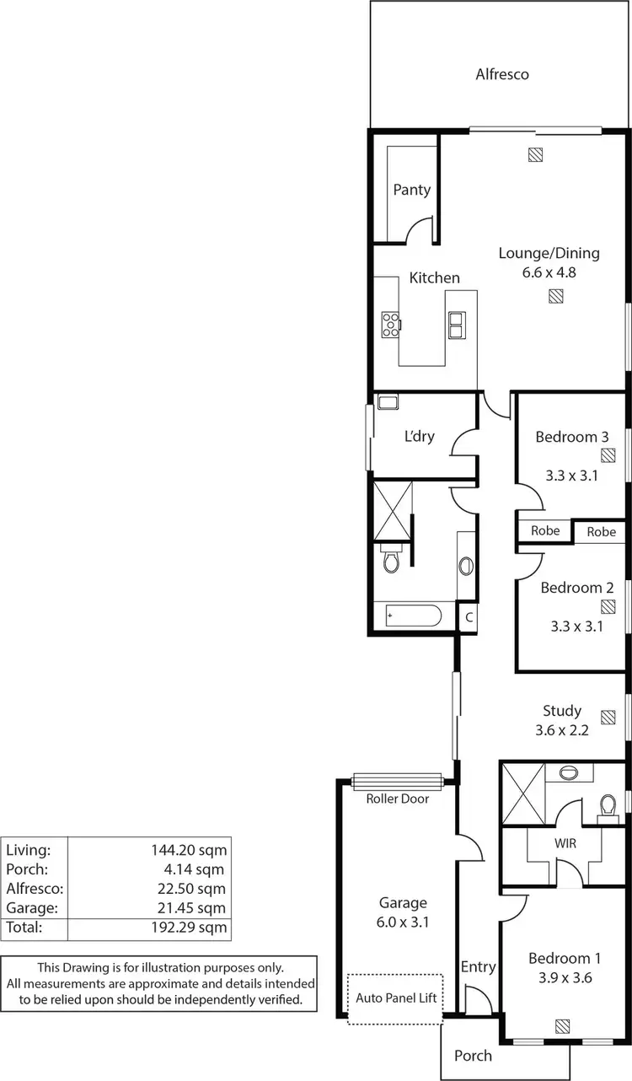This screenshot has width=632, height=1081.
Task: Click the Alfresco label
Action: coord(502,74)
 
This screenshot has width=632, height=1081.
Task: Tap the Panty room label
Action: coord(411,190)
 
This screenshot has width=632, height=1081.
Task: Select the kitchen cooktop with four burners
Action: coord(392,324)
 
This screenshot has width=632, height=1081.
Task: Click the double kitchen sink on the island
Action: coord(458,324)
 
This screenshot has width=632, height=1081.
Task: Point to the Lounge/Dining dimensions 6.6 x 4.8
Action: coord(549,272)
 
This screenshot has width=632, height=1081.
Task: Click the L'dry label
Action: coord(419,436)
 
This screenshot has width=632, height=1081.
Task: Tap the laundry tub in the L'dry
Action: coord(388,402)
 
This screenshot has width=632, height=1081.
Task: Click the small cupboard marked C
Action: coord(469,617)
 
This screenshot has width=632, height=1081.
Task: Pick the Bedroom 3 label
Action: coord(571,437)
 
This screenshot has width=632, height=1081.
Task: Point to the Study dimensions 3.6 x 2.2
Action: coord(561,730)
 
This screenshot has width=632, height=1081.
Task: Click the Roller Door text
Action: coord(397,799)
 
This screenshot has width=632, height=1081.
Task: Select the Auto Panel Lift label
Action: coord(395,997)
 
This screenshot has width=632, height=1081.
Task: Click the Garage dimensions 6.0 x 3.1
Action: coord(403,922)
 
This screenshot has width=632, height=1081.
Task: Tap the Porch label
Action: coord(473,1055)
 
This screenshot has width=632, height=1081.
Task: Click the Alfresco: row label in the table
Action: coord(35,888)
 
